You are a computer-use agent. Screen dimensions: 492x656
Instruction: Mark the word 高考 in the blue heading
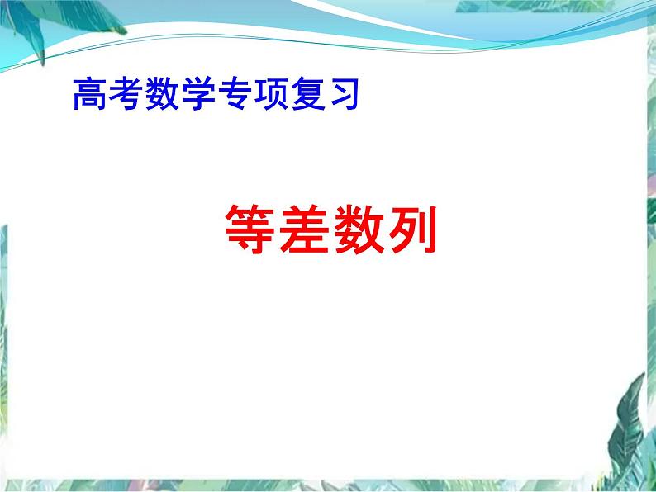107,95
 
